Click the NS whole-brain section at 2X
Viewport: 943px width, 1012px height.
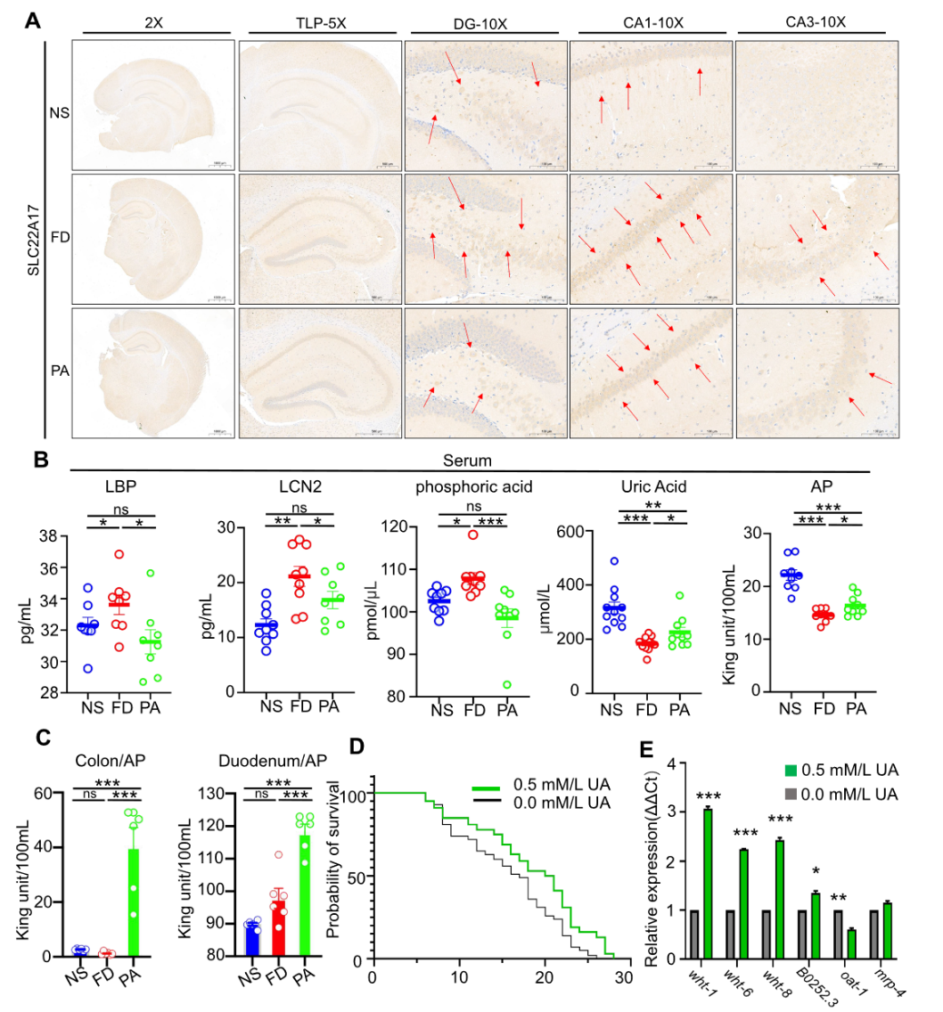coord(152,104)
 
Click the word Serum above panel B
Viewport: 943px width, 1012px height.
coord(463,461)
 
